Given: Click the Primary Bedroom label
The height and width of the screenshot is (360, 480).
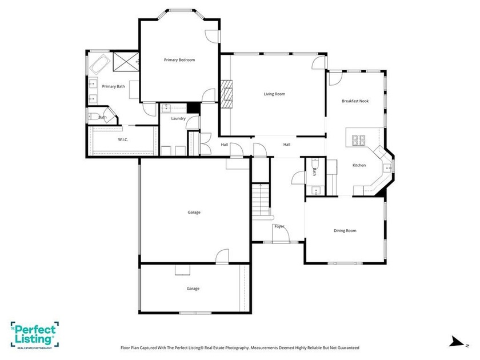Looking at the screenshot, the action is [179, 60].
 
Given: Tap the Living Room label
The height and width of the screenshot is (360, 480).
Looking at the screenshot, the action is [275, 94].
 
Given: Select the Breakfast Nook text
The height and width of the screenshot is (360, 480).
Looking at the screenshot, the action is [355, 101].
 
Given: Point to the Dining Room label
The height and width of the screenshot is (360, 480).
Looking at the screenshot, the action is [345, 231].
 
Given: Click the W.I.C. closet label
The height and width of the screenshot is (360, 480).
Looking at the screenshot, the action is [123, 140].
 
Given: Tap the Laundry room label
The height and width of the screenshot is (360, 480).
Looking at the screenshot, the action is [178, 118].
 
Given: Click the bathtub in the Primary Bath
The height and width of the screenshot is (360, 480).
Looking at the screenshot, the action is [100, 64].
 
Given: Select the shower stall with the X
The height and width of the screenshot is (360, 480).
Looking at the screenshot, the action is [126, 62].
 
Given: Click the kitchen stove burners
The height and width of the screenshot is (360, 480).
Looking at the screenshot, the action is [358, 140].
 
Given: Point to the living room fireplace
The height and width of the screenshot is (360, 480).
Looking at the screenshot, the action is [226, 94].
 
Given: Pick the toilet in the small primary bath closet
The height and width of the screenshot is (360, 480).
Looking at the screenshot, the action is [93, 117].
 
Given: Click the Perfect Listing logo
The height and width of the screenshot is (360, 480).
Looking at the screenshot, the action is [35, 335].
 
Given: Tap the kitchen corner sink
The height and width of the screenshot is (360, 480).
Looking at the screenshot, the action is [387, 168].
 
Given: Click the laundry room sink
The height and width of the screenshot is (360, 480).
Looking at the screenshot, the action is [166, 108].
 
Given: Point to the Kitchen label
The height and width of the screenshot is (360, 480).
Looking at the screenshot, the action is [359, 165].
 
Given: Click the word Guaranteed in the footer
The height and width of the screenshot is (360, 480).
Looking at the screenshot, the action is [348, 348].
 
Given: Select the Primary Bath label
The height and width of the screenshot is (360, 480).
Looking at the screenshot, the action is [113, 87].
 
